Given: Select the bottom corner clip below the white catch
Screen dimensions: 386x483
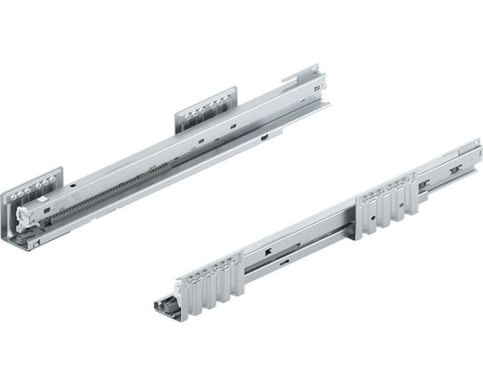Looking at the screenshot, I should [x=33, y=243].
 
